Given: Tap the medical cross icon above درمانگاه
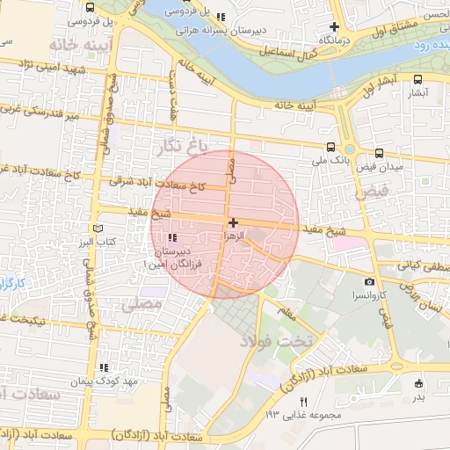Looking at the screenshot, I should pyautogui.click(x=335, y=26).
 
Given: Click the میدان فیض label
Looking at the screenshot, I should pyautogui.click(x=379, y=167).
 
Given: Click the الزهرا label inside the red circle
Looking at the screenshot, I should pyautogui.click(x=232, y=237).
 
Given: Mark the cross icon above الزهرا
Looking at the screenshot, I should pyautogui.click(x=232, y=223).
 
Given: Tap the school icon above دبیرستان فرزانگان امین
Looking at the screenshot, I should pyautogui.click(x=171, y=237).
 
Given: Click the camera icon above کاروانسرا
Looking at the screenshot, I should pyautogui.click(x=370, y=282).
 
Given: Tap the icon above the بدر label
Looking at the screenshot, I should pyautogui.click(x=417, y=382).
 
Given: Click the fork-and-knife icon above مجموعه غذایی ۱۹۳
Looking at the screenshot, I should pyautogui.click(x=303, y=401).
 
